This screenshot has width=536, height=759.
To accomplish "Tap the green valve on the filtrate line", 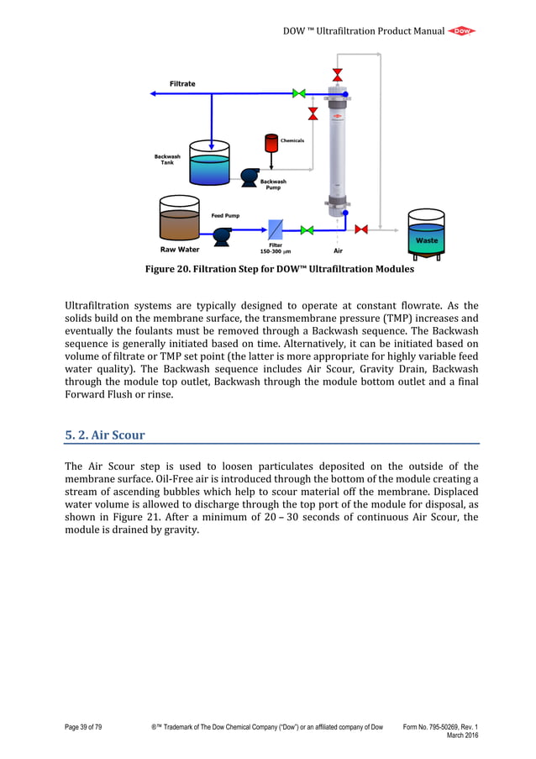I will [x=298, y=93].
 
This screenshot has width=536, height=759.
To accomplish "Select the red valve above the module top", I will [x=338, y=73].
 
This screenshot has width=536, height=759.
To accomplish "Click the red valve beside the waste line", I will [x=361, y=229].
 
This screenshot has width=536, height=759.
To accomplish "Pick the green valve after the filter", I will [x=307, y=229].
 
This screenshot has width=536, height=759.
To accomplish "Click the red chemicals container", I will [x=271, y=143].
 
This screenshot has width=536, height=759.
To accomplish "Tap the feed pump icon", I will [x=222, y=236].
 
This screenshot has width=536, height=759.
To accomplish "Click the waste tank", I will [x=427, y=230].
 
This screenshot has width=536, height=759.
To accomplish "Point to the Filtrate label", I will [x=182, y=83].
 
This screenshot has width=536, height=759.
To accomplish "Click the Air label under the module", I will [x=338, y=250].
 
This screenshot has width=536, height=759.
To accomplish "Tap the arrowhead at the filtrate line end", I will [x=153, y=93].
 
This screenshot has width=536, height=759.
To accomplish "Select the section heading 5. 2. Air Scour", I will [x=105, y=435].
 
